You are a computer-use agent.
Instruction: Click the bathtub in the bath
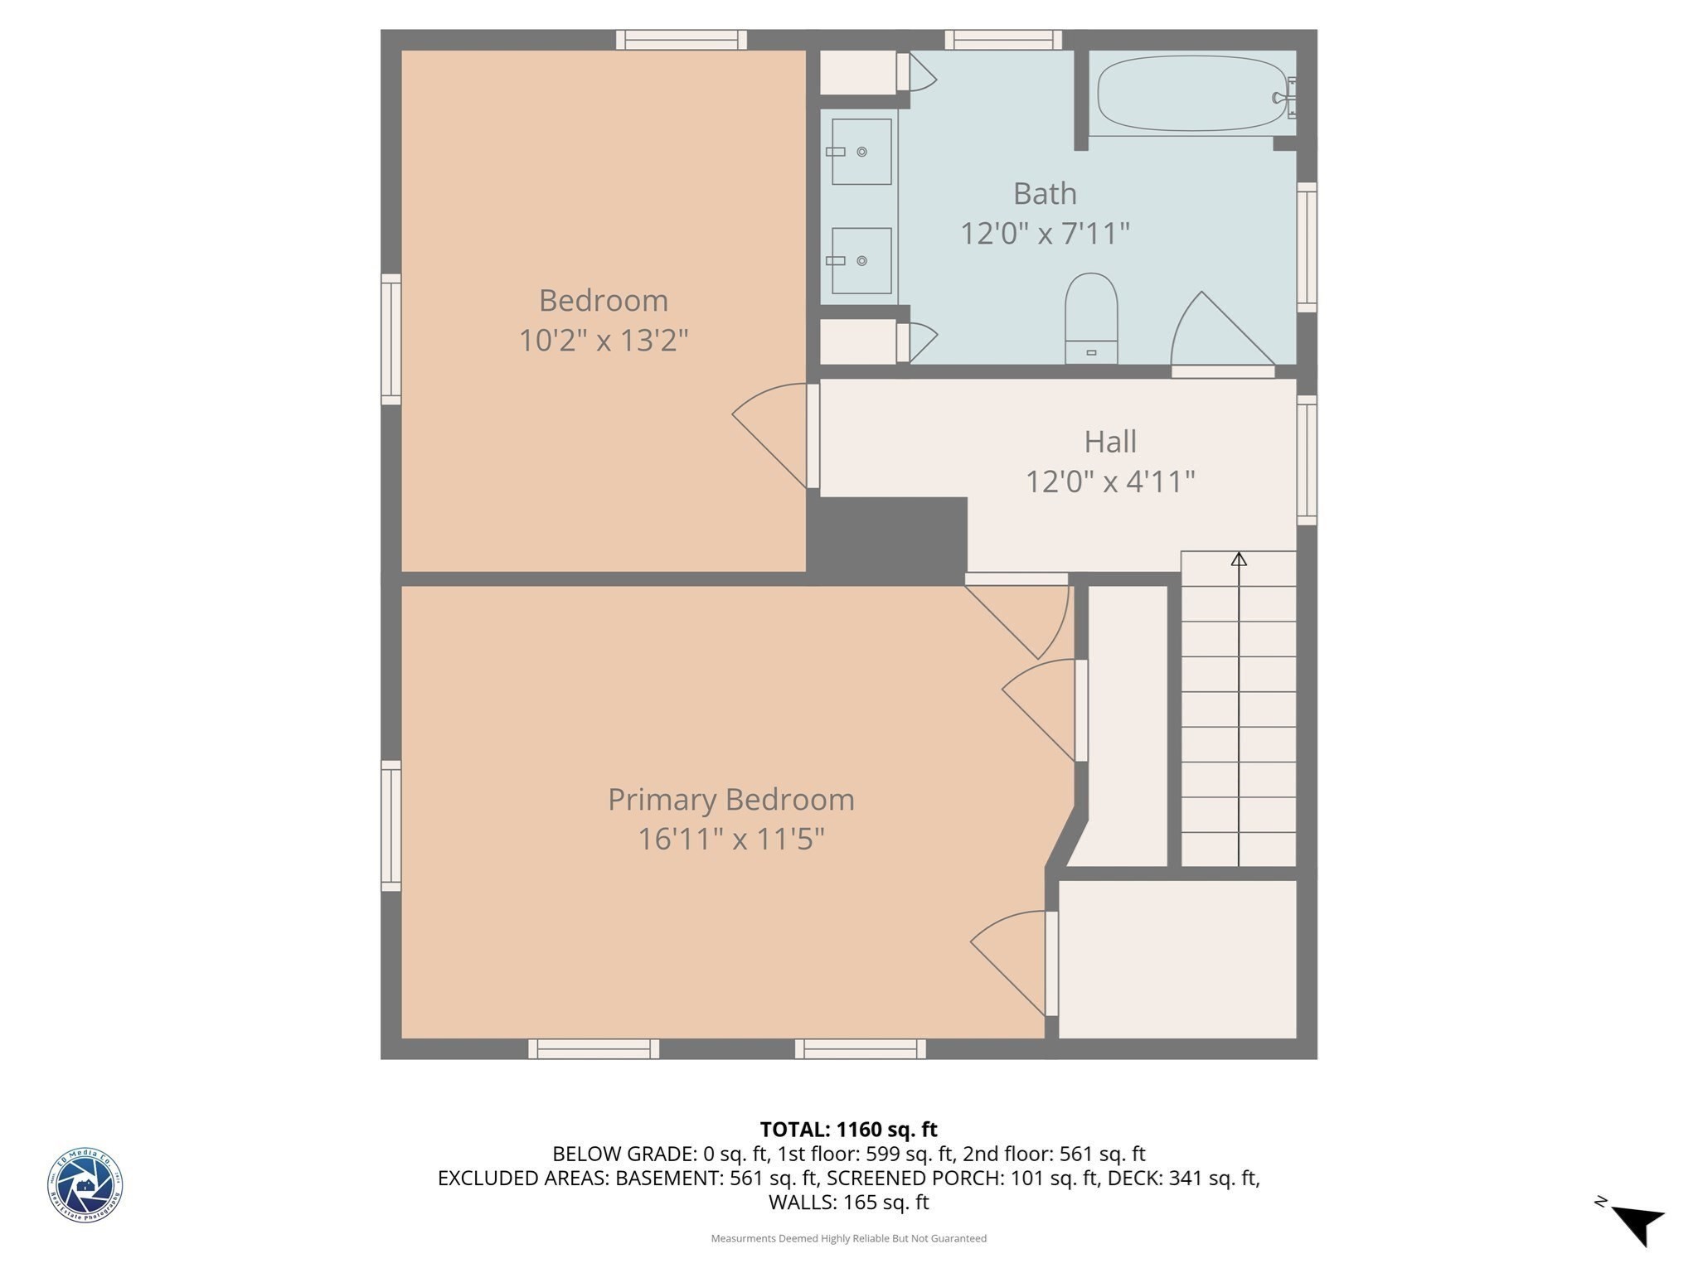pos(1181,94)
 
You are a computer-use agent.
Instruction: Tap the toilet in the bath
pos(1091,319)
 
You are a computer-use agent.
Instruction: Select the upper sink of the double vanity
pos(861,152)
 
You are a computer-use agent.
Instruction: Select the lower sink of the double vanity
pos(861,261)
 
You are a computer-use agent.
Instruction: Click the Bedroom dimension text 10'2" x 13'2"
pos(604,341)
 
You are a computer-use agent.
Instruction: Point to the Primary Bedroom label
pos(730,800)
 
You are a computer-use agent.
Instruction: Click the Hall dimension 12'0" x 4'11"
pos(1110,482)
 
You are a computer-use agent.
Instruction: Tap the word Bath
pos(1045,194)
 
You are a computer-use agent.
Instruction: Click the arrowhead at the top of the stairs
pos(1239,559)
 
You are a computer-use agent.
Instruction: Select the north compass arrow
pos(1637,1223)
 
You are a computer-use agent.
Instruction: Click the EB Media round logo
pos(85,1185)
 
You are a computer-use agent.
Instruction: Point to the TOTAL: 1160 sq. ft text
pos(848,1130)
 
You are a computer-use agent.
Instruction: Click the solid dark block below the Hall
pos(887,535)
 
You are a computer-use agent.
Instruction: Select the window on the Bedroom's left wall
pos(391,340)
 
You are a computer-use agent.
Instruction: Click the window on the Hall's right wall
pos(1306,460)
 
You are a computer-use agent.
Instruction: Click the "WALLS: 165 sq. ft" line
pos(848,1203)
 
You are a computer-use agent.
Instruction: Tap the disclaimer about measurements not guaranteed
pos(848,1238)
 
